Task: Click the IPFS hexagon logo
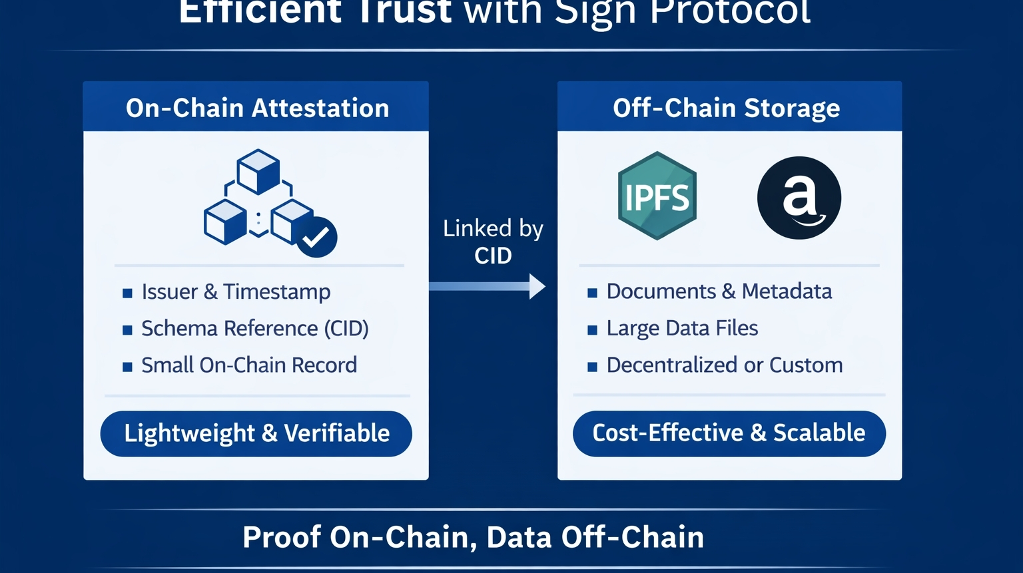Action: coord(657,196)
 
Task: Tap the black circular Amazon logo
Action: coord(799,198)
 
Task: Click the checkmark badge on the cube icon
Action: coord(316,238)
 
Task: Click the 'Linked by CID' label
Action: coord(493,242)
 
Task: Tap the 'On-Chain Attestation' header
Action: coord(257,108)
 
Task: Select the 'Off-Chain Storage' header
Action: coord(726,108)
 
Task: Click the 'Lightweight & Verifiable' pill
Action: coord(256,433)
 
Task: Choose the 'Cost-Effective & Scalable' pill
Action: coord(729,433)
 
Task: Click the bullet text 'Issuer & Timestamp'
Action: coord(236,291)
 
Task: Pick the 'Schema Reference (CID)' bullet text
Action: coord(254,328)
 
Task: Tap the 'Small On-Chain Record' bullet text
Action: coord(249,365)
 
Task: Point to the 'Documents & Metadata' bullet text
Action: coord(719,291)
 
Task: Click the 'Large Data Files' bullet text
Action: coord(682,328)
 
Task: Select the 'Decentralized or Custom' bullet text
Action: coord(725,365)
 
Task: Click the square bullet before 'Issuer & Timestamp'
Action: coord(127,293)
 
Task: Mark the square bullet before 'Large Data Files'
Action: coord(592,329)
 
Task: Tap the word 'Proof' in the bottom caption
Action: coord(282,537)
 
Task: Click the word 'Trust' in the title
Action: coord(404,12)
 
